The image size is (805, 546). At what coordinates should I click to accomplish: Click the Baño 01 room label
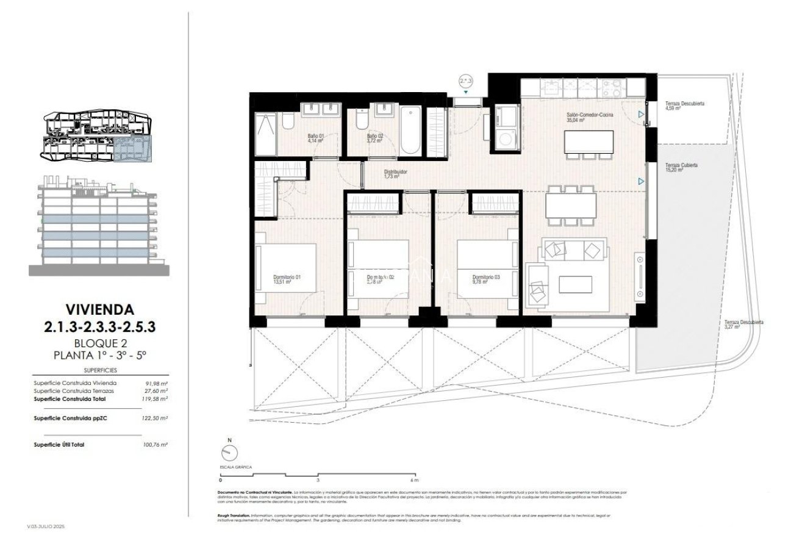(315, 137)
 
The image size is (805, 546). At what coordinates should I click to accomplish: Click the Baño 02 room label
(374, 138)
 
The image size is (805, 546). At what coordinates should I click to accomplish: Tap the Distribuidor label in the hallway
(395, 174)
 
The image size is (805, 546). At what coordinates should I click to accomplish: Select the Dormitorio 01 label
(287, 279)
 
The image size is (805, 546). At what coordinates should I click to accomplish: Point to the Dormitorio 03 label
(486, 279)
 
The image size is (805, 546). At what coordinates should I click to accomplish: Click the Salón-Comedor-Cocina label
(590, 117)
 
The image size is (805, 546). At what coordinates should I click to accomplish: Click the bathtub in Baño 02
(410, 130)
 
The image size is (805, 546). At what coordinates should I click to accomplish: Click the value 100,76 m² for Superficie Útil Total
(155, 445)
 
